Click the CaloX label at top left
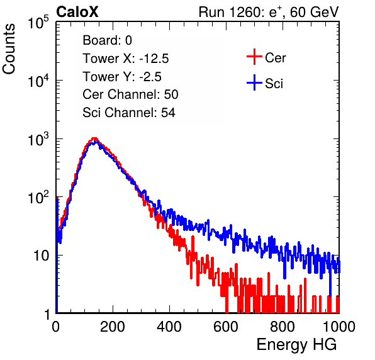(x=77, y=12)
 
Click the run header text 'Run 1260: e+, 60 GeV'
(x=269, y=12)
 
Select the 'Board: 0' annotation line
(x=107, y=40)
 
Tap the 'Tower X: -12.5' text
(x=126, y=59)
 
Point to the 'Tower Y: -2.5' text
(x=122, y=77)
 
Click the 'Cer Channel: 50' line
(x=130, y=94)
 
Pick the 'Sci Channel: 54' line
(x=129, y=113)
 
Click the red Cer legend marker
(x=254, y=57)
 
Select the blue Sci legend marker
(x=254, y=83)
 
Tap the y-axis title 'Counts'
(x=9, y=49)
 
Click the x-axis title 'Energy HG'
(x=296, y=345)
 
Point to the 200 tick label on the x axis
(x=113, y=326)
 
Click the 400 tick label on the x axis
(x=169, y=326)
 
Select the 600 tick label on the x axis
(x=226, y=326)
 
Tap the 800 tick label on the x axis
(x=283, y=326)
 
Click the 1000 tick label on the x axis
(x=339, y=326)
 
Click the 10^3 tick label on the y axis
(x=38, y=139)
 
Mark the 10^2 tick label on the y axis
(x=38, y=198)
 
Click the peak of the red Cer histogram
(x=95, y=138)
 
